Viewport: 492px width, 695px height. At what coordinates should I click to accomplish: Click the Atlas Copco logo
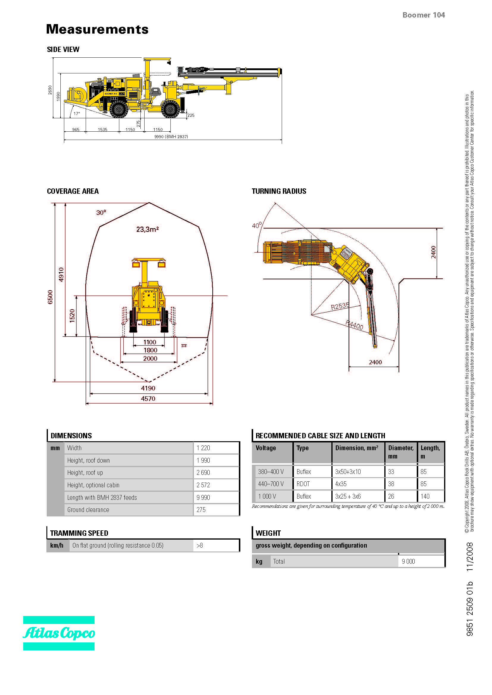59,633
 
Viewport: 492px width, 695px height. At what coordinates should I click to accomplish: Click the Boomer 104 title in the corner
423,15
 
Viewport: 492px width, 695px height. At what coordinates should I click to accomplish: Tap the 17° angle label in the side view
77,114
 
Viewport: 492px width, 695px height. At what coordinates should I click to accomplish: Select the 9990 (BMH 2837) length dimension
171,137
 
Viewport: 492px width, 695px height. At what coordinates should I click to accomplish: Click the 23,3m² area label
148,229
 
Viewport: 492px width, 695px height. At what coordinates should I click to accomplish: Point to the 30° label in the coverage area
101,213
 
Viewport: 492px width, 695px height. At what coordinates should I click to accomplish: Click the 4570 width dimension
148,399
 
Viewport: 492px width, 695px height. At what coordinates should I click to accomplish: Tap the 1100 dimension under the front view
150,342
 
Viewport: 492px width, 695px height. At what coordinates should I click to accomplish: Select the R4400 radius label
354,325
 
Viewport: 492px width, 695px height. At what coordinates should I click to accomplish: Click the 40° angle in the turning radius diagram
257,225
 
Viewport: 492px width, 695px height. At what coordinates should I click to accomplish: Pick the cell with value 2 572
203,485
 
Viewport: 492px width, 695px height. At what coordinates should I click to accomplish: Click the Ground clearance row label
88,510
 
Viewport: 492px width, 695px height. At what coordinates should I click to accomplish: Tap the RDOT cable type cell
303,484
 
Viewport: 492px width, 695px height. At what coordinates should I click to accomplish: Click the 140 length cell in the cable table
425,496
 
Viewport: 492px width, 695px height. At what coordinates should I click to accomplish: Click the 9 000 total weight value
408,562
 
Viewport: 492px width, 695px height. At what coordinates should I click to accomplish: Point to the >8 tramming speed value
200,546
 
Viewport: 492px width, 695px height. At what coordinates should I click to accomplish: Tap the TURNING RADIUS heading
279,191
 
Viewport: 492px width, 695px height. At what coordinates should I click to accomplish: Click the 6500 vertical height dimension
50,297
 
